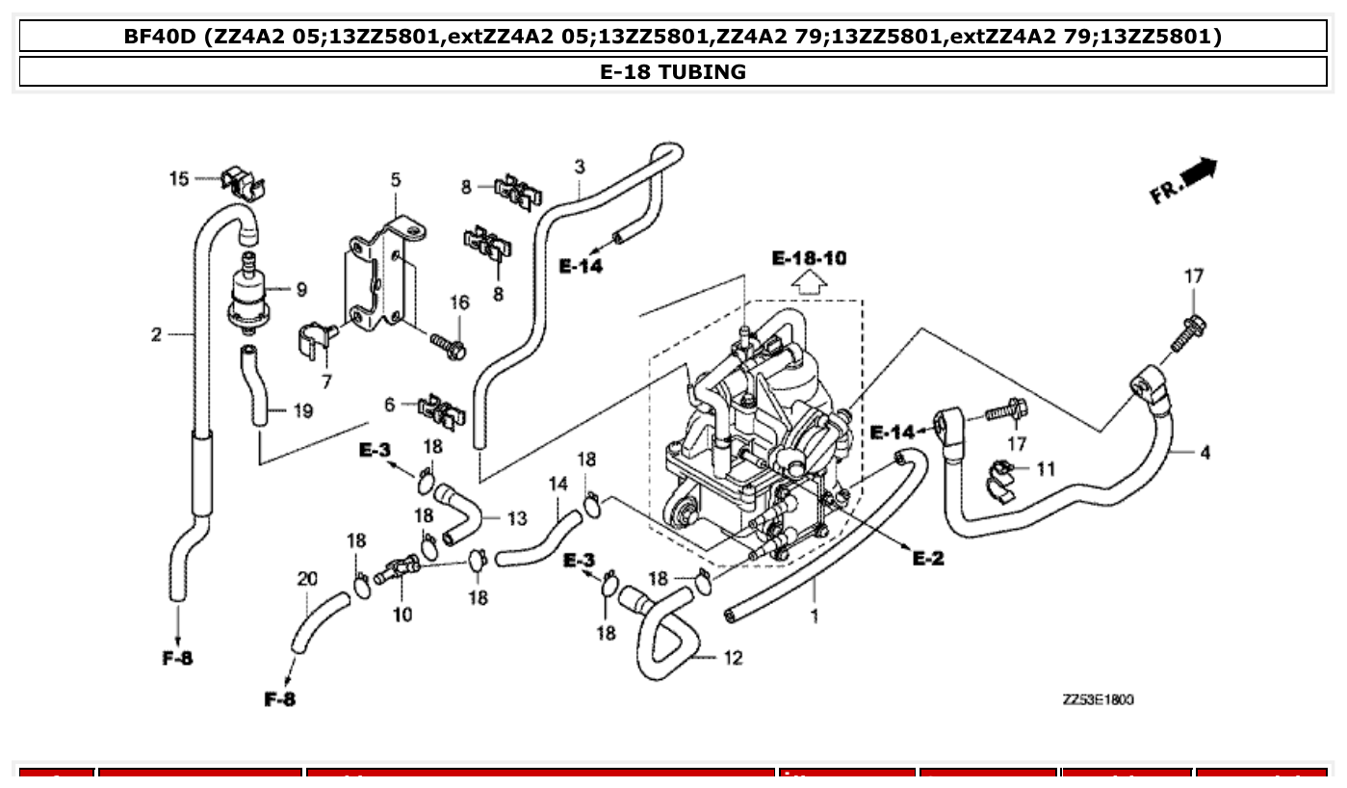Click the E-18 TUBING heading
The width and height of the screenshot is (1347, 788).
[672, 71]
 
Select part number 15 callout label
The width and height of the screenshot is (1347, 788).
[180, 178]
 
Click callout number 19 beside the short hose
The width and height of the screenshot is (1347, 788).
[302, 411]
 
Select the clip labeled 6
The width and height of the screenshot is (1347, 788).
[439, 410]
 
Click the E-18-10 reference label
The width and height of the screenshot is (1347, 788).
[810, 258]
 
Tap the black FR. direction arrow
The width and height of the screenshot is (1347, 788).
[1198, 173]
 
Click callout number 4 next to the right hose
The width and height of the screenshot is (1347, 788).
[1205, 452]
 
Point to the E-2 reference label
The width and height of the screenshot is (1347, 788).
[928, 559]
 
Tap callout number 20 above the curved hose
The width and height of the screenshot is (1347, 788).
[306, 579]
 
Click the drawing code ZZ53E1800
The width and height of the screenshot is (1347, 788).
[1098, 699]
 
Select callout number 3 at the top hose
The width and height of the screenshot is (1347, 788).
[580, 167]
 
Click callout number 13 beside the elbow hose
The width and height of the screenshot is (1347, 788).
[516, 518]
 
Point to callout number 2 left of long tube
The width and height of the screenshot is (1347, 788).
[156, 334]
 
